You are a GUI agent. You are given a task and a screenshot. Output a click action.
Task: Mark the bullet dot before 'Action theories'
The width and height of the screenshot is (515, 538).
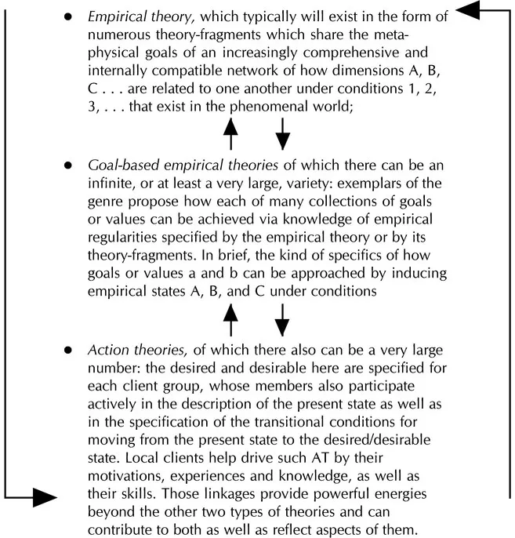[x=69, y=349]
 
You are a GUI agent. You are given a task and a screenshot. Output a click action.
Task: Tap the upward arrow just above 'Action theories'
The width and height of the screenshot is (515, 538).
[x=230, y=317]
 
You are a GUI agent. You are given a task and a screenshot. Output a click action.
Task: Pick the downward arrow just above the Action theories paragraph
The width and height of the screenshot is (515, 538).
[x=282, y=317]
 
